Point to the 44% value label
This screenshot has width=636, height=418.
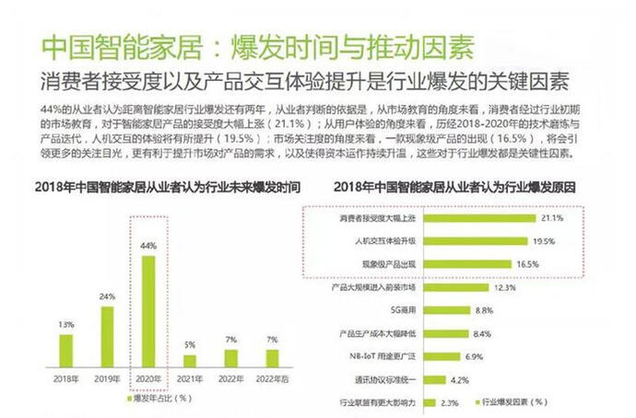pos(148,247)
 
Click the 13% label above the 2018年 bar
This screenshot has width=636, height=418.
pos(65,324)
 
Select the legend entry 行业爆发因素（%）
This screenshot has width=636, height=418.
pos(511,401)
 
